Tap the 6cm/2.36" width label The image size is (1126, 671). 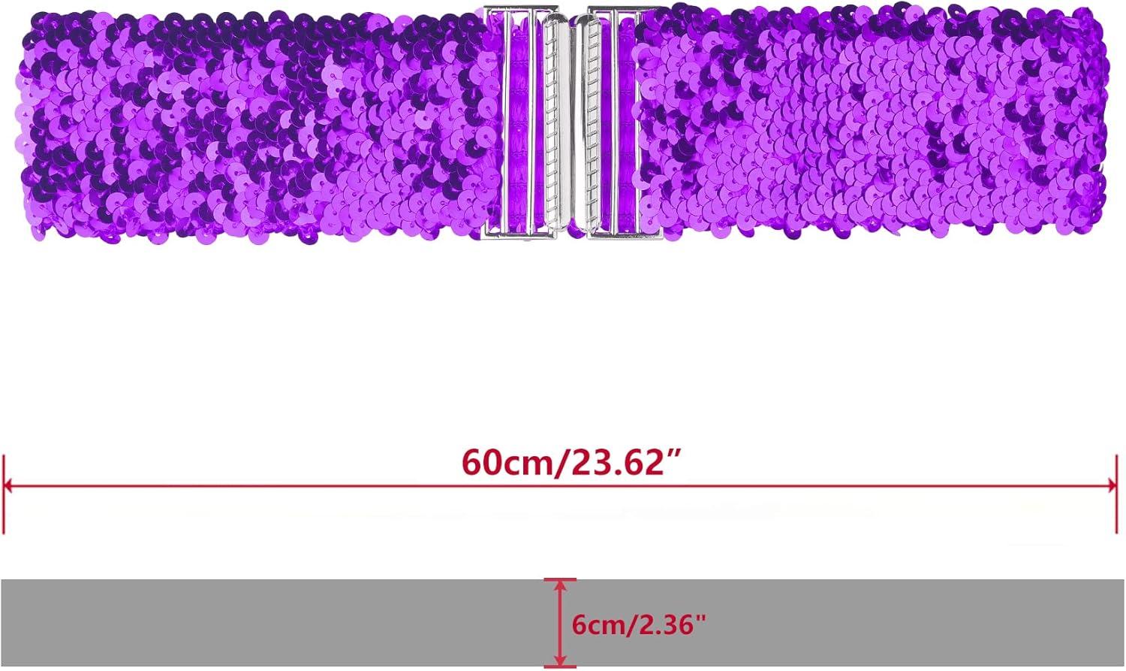[x=638, y=625]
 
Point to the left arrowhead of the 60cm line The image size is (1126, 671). [x=10, y=486]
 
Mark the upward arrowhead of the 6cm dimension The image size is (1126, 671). [x=559, y=587]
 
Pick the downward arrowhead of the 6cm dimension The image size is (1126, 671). [x=559, y=660]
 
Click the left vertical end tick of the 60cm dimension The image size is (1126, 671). [x=4, y=494]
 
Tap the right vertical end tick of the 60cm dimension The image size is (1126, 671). [x=1116, y=494]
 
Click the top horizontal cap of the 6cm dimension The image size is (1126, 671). [x=559, y=579]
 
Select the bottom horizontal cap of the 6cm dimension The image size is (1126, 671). [x=559, y=667]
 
